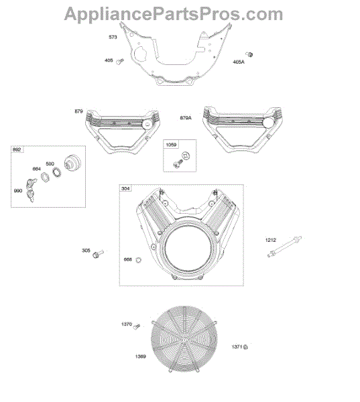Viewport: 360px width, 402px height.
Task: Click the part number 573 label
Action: pyautogui.click(x=113, y=37)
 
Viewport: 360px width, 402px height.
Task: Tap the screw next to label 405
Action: pyautogui.click(x=120, y=62)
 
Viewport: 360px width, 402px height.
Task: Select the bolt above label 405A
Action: pyautogui.click(x=249, y=54)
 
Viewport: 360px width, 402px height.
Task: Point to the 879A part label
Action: pyautogui.click(x=186, y=118)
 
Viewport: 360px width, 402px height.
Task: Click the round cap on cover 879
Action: pyautogui.click(x=147, y=124)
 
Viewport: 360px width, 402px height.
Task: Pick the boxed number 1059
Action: pyautogui.click(x=171, y=145)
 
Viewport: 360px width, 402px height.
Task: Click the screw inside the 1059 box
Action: pyautogui.click(x=178, y=163)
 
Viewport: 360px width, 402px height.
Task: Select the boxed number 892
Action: pyautogui.click(x=17, y=149)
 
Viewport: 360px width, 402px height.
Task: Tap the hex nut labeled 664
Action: pyautogui.click(x=45, y=177)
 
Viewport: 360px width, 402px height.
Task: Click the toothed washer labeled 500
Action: pyautogui.click(x=56, y=172)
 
